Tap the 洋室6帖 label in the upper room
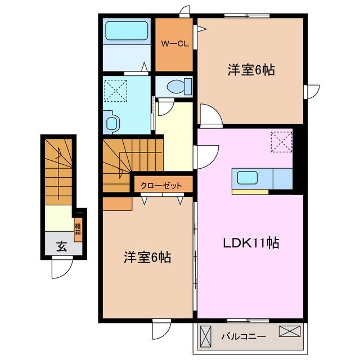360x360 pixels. pos(251,70)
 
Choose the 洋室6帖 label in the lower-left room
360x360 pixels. pos(147,258)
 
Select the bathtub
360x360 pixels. pos(127,30)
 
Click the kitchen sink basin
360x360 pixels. pos(249,178)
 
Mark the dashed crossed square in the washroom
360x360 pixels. pos(116,90)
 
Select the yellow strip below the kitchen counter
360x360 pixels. pos(250,192)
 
